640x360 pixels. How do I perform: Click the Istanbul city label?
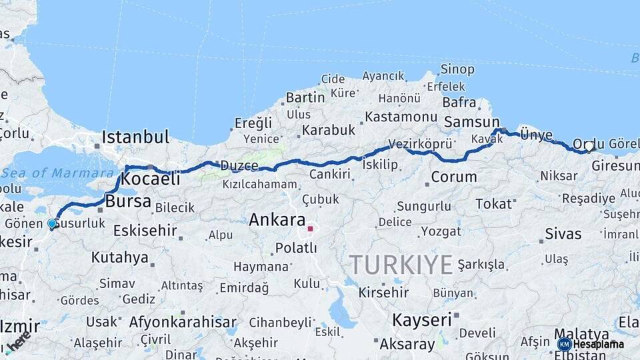pyautogui.click(x=135, y=137)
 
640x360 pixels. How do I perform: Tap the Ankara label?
pyautogui.click(x=277, y=220)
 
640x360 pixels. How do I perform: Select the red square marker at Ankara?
pyautogui.click(x=310, y=229)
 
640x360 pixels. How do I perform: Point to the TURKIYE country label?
pyautogui.click(x=401, y=265)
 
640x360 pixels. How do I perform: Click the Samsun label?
pyautogui.click(x=471, y=122)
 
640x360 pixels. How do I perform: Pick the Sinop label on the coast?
pyautogui.click(x=457, y=69)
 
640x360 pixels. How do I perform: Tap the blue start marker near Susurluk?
pyautogui.click(x=52, y=223)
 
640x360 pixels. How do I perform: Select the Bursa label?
pyautogui.click(x=128, y=201)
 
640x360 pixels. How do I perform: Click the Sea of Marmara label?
pyautogui.click(x=57, y=173)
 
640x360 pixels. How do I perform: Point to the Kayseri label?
pyautogui.click(x=421, y=320)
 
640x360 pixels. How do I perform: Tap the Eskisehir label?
pyautogui.click(x=145, y=231)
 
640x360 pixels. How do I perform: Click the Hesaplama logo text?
pyautogui.click(x=599, y=344)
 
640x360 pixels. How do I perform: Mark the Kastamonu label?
pyautogui.click(x=401, y=117)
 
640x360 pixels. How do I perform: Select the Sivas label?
pyautogui.click(x=563, y=234)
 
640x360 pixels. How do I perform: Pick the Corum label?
pyautogui.click(x=453, y=177)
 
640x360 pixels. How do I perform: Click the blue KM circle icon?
pyautogui.click(x=565, y=344)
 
